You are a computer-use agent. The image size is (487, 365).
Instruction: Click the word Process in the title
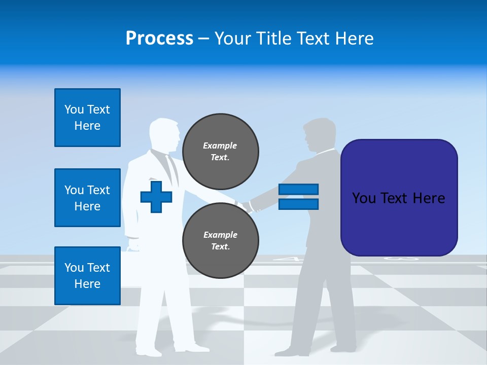(159, 39)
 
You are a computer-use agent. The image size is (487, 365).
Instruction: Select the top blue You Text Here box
(87, 118)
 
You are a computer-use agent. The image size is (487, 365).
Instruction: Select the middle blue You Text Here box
(87, 198)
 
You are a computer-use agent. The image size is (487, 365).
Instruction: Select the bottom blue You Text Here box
(87, 275)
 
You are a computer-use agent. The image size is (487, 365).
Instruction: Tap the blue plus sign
(156, 197)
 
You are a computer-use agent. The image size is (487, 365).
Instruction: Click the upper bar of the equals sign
(298, 190)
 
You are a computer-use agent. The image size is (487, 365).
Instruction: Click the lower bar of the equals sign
(298, 204)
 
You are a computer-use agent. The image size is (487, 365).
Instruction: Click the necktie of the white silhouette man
(172, 170)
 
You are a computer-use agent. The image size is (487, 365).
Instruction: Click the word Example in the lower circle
(220, 235)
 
